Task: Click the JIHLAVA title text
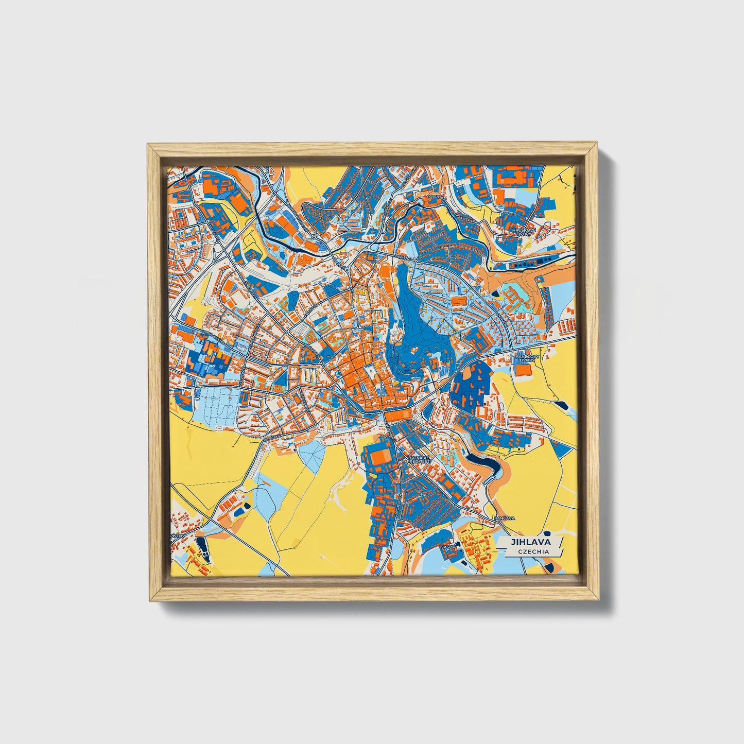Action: (x=530, y=542)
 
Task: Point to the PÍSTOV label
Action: (x=178, y=535)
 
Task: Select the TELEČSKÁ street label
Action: (x=271, y=438)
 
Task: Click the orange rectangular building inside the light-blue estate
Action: (x=459, y=301)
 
